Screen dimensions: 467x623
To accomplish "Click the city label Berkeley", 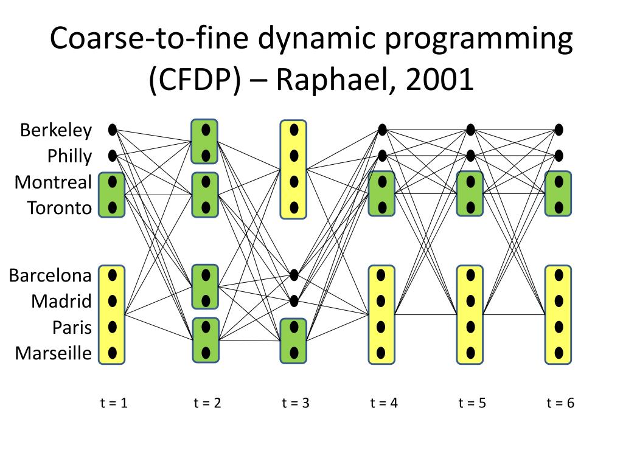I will [x=56, y=130].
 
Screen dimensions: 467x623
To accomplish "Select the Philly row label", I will [x=69, y=156].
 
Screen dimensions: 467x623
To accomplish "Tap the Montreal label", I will [x=54, y=182].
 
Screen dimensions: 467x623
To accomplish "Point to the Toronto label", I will [x=60, y=209].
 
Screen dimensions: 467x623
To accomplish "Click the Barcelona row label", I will [x=50, y=275].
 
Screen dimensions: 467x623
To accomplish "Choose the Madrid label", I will [x=61, y=301].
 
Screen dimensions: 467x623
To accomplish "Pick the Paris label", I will [x=72, y=327].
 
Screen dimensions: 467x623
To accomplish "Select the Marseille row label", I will [x=54, y=353].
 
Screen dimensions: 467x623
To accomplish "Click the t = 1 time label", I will [x=114, y=403].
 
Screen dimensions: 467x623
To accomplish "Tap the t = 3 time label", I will [x=296, y=403].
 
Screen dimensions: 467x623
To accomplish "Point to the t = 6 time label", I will [x=560, y=403].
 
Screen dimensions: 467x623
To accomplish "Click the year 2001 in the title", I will [x=436, y=80].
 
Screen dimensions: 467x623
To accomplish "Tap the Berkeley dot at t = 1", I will [x=113, y=130].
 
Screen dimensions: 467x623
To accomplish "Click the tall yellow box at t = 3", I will [x=294, y=169].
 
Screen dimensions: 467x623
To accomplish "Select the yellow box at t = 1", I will [x=112, y=314].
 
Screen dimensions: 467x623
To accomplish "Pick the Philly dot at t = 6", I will [x=559, y=156].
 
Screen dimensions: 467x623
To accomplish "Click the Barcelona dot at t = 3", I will [x=294, y=275].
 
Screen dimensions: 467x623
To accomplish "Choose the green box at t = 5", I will [x=470, y=194].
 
